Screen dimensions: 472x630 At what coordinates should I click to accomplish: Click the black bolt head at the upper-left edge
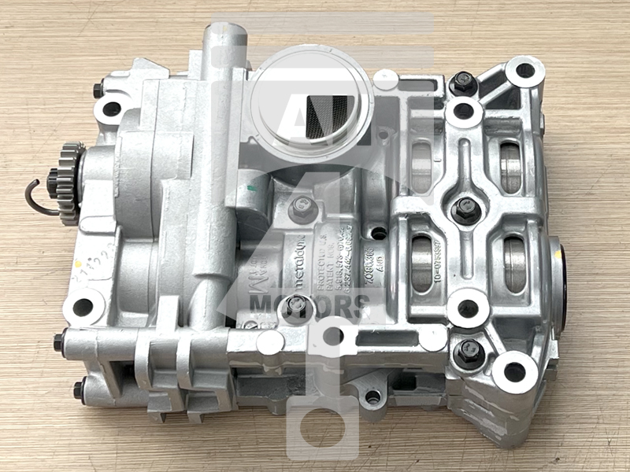point(99,90)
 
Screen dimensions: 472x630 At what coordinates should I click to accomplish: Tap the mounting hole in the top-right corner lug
point(524,72)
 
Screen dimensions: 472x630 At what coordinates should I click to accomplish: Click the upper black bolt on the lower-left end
point(60,342)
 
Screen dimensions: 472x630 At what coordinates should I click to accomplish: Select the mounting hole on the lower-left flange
point(83,306)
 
